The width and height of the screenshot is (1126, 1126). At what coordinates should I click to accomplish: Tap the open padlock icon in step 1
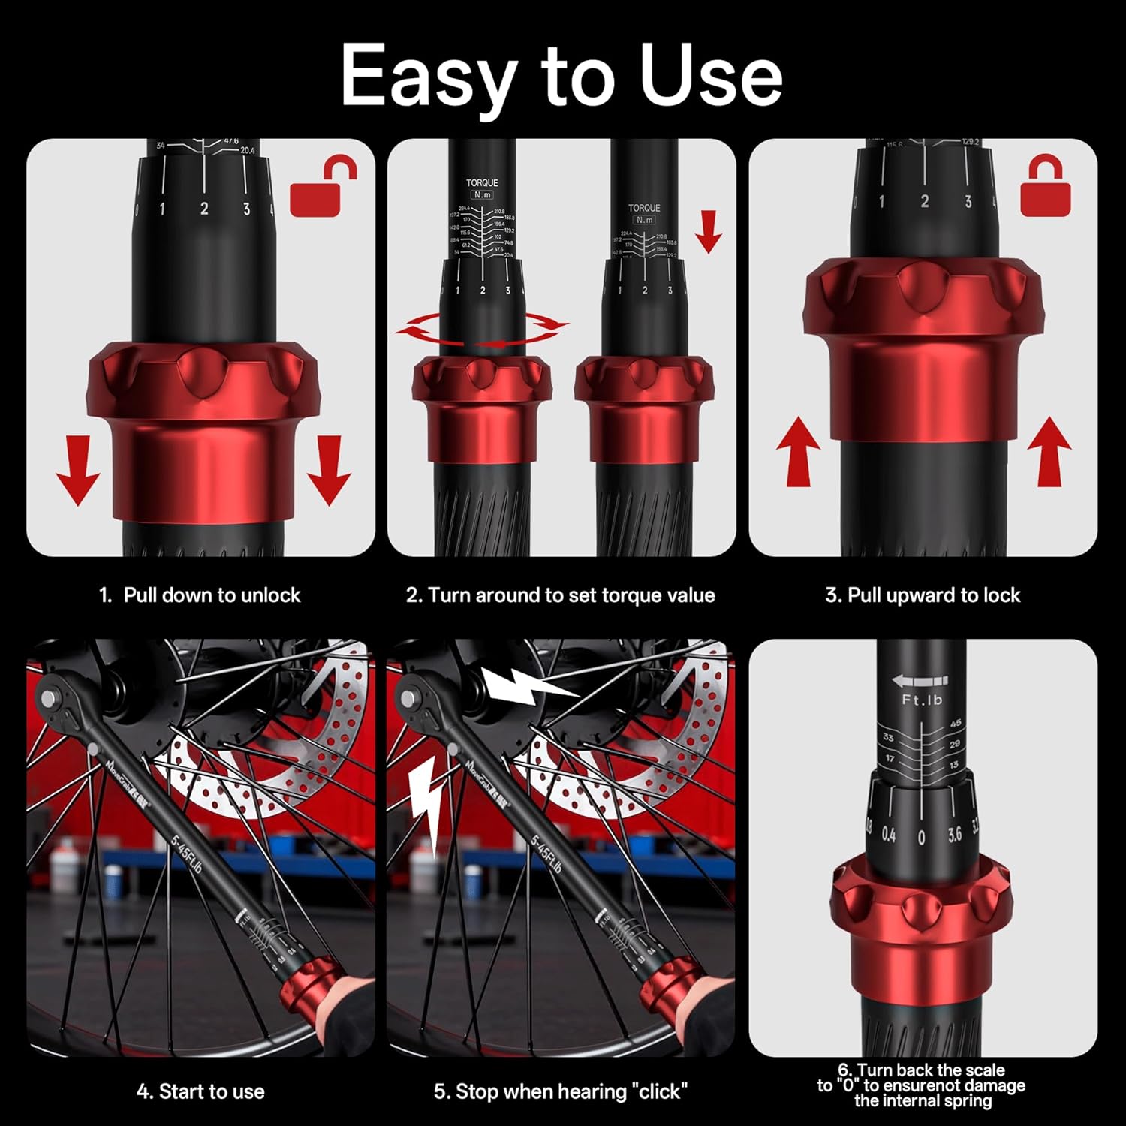[323, 188]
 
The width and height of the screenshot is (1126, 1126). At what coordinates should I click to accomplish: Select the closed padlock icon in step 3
[1046, 188]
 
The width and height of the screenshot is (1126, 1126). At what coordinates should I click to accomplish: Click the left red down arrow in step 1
[78, 471]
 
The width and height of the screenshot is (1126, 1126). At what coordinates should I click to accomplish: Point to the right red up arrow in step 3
[1049, 452]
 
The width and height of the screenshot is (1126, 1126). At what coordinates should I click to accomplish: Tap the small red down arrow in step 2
[707, 232]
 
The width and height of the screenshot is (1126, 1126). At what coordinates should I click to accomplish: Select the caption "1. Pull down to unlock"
[200, 595]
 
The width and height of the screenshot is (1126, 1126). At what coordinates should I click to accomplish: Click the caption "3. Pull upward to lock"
[923, 595]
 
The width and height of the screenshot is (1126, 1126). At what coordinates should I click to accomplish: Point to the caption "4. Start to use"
[200, 1091]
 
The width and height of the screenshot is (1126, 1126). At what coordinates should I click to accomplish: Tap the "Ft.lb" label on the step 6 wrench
[922, 700]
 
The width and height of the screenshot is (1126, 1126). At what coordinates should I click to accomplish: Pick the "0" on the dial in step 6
[921, 837]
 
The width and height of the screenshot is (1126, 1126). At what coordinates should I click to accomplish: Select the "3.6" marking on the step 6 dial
[954, 835]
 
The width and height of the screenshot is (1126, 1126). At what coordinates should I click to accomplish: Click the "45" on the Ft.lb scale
[955, 724]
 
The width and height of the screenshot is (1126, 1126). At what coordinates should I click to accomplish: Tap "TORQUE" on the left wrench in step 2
[481, 182]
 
